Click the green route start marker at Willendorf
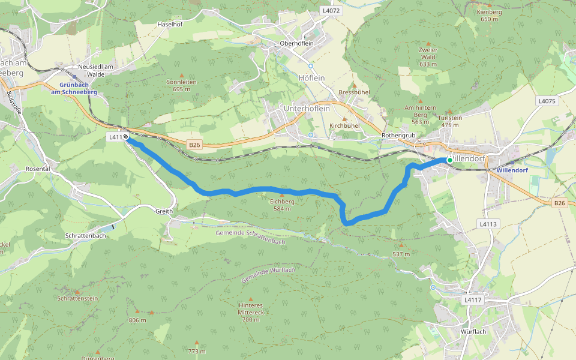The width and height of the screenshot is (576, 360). click(449, 160)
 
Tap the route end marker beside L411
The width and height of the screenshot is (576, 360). click(127, 137)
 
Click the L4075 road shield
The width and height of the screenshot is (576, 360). click(547, 101)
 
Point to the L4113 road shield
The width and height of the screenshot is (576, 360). click(488, 224)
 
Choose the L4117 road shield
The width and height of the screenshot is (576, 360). click(473, 299)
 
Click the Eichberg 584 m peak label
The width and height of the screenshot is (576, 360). click(282, 205)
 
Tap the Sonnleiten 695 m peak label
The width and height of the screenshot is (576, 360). click(181, 85)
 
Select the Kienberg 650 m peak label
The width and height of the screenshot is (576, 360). click(489, 15)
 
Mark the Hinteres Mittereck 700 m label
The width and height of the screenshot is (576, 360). click(251, 312)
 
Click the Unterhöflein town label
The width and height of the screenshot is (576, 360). click(307, 108)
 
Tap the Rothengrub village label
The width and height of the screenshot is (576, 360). click(398, 136)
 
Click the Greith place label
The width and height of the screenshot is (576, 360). click(164, 211)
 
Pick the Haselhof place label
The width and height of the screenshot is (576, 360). click(169, 24)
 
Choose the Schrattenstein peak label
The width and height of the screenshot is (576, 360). click(78, 298)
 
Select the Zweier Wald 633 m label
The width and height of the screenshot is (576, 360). click(428, 56)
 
